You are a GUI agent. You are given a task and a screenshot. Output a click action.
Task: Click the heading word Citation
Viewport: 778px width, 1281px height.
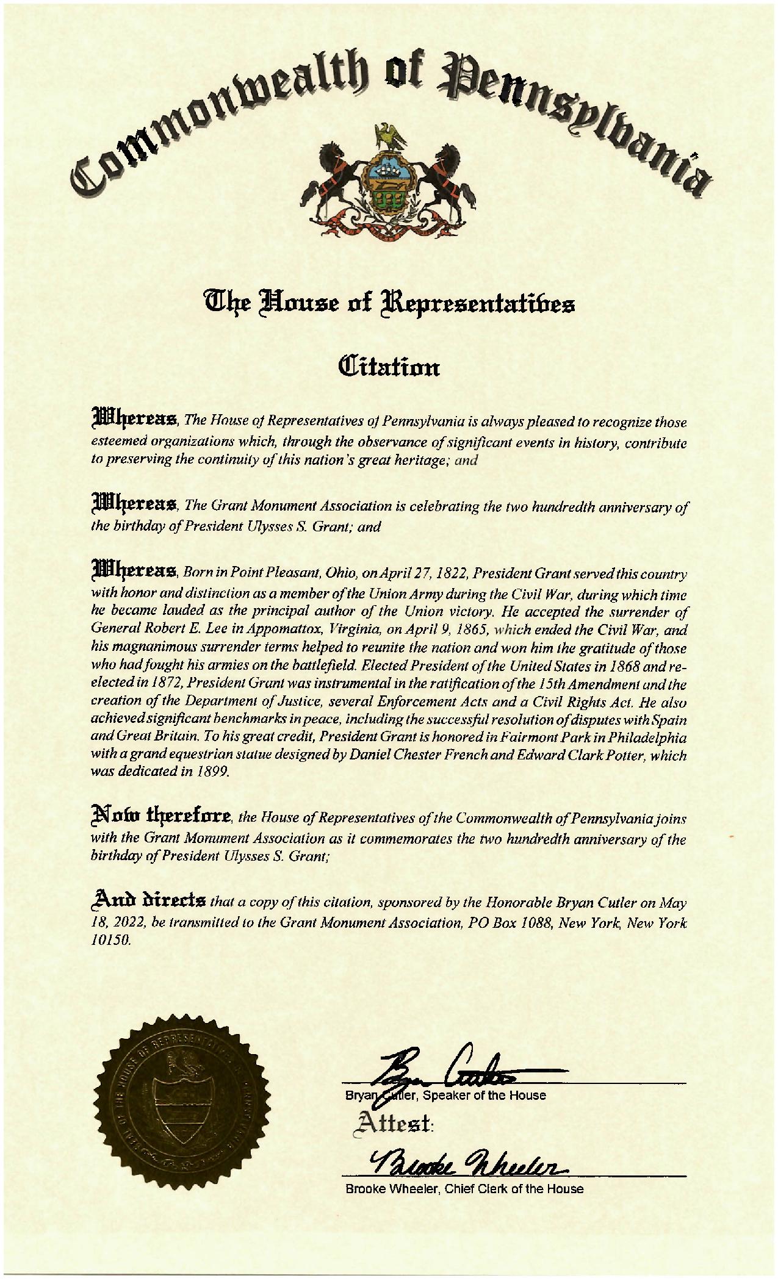[x=389, y=368]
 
